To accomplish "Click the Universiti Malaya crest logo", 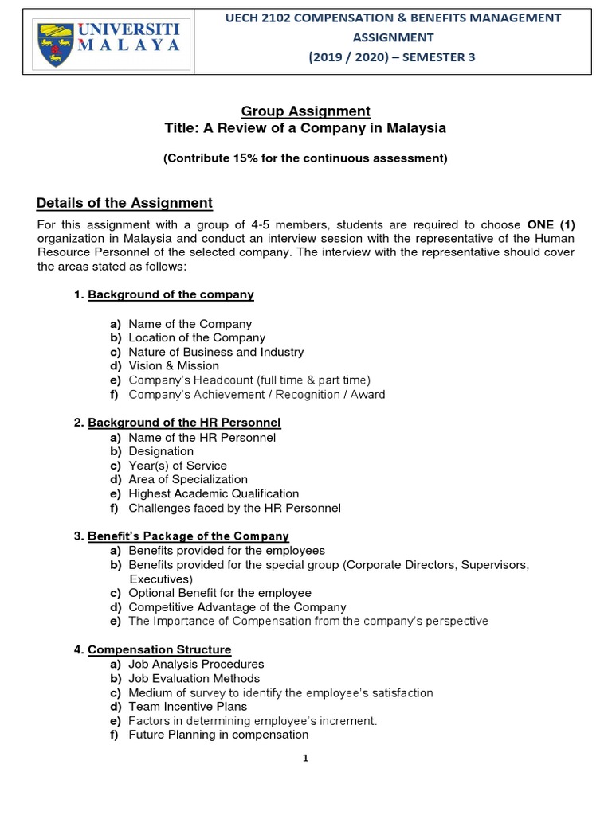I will [x=53, y=46].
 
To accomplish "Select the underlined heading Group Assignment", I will [x=306, y=111].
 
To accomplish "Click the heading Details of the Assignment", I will [x=124, y=203].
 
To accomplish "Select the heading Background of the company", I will [x=171, y=294].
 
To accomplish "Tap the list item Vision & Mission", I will [x=174, y=366].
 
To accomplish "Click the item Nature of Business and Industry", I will [x=216, y=352].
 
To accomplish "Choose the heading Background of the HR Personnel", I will [x=184, y=423].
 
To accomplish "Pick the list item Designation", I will [x=161, y=451].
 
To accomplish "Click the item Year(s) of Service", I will [x=178, y=466].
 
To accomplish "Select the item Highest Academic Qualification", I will [x=214, y=494].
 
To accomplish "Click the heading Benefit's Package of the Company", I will [x=188, y=536].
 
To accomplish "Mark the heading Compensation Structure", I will [x=159, y=650].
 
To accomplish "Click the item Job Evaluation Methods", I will [x=194, y=679].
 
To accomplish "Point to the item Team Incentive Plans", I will [x=188, y=707].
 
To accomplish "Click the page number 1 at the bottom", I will [x=305, y=758].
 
